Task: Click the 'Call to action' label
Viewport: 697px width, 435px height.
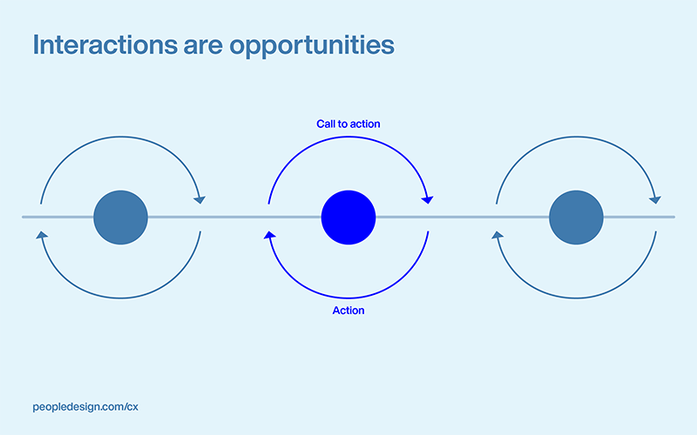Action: coord(348,124)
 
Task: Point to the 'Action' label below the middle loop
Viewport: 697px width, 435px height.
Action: coord(348,311)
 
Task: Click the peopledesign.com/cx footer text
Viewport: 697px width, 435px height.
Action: coord(85,406)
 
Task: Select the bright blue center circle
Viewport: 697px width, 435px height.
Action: coord(348,217)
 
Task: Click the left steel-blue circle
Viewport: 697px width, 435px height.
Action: coord(120,217)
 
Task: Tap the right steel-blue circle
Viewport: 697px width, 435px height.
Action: coord(577,217)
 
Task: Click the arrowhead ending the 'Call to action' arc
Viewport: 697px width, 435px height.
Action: coord(427,199)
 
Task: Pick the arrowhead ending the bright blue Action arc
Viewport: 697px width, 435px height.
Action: coord(270,234)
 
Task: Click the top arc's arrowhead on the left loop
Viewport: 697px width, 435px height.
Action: coord(200,199)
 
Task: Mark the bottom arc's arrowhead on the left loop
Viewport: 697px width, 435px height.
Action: coord(41,234)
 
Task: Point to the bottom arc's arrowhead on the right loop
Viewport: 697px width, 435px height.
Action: coord(497,234)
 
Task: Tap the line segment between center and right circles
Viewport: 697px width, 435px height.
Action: coord(462,217)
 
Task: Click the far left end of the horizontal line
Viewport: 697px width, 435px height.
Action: coord(24,217)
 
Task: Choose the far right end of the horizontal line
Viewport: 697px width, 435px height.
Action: coord(673,217)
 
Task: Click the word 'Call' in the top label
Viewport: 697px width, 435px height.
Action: coord(325,124)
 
